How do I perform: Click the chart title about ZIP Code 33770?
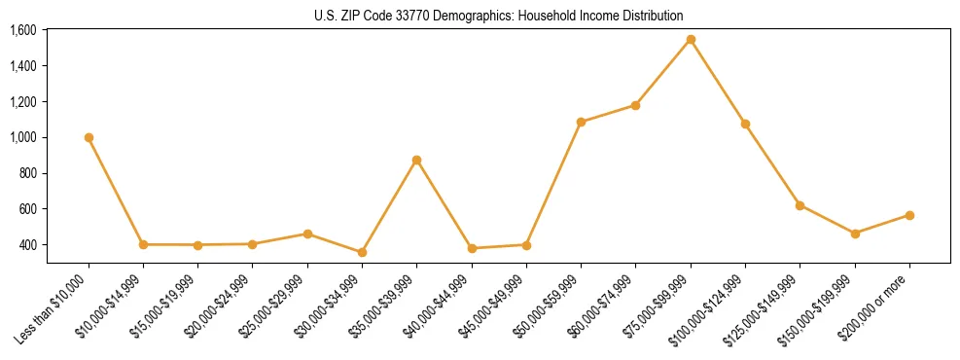(498, 16)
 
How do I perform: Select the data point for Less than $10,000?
(89, 137)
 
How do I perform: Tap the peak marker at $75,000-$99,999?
(691, 40)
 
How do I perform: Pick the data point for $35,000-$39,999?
(416, 160)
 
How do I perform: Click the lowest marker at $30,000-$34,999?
(362, 252)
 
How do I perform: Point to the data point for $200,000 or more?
(909, 215)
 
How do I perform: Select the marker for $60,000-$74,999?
(635, 105)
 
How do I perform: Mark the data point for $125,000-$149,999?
(800, 205)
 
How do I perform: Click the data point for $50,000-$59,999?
(581, 122)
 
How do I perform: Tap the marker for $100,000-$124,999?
(745, 124)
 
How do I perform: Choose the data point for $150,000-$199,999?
(855, 234)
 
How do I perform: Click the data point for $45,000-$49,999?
(526, 244)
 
